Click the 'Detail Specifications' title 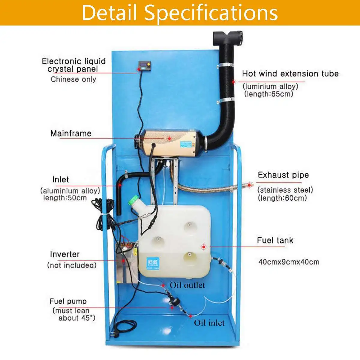click(x=180, y=13)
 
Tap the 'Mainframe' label click(x=71, y=133)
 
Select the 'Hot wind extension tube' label click(x=290, y=74)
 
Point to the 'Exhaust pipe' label click(x=283, y=175)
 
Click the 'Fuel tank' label click(x=275, y=240)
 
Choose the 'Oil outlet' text click(x=187, y=285)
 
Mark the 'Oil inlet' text click(x=209, y=323)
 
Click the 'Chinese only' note click(x=73, y=79)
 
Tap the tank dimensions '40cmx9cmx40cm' click(x=289, y=262)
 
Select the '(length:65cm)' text click(x=268, y=94)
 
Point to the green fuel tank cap click(x=135, y=201)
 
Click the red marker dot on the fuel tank click(x=204, y=247)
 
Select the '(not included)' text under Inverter click(x=72, y=265)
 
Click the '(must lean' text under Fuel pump click(x=71, y=310)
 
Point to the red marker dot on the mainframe click(x=169, y=138)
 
